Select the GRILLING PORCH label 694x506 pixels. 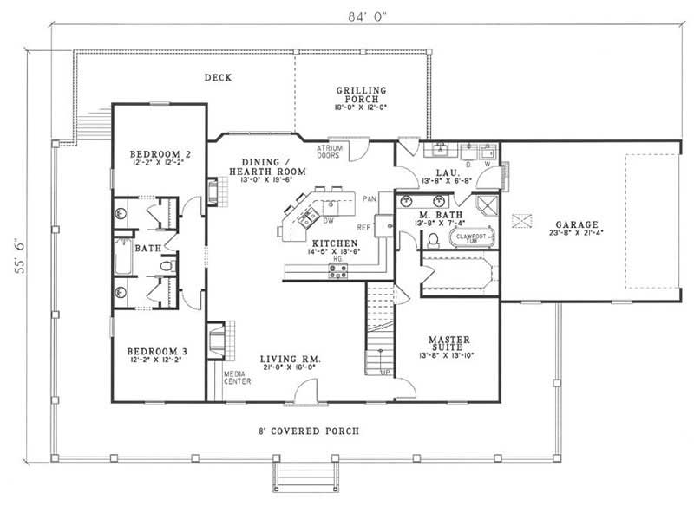[x=361, y=95]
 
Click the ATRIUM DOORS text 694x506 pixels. [x=329, y=152]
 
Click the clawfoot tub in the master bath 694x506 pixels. [x=469, y=237]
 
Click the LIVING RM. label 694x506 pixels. [x=295, y=358]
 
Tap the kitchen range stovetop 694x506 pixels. [x=337, y=270]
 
